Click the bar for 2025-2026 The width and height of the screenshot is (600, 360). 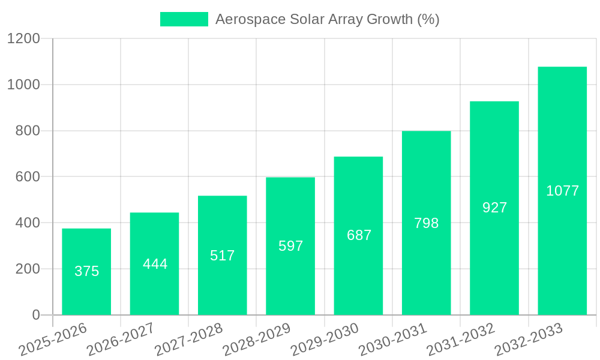pos(86,272)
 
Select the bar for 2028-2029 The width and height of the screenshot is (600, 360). pos(290,246)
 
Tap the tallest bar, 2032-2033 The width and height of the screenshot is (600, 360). pos(562,191)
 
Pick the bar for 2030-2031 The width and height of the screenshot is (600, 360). pos(426,223)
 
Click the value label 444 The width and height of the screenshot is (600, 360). pos(155,264)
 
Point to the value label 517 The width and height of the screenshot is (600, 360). pos(223,256)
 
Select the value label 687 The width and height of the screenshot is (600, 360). pos(359,235)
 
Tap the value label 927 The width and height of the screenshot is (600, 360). pos(494,208)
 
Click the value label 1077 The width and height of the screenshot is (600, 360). pos(562,191)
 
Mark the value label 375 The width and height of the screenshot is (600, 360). pos(86,271)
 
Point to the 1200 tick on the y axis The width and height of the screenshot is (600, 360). pos(23,38)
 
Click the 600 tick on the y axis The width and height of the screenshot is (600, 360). pos(27,177)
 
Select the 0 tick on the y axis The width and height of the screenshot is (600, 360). pos(35,315)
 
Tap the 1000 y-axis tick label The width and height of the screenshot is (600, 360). pos(23,85)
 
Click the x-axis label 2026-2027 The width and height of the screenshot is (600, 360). pos(121,340)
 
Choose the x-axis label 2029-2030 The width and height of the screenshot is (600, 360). pos(325,340)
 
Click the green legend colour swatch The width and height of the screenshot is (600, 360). pos(184,19)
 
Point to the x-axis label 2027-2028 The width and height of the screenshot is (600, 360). pos(188,340)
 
